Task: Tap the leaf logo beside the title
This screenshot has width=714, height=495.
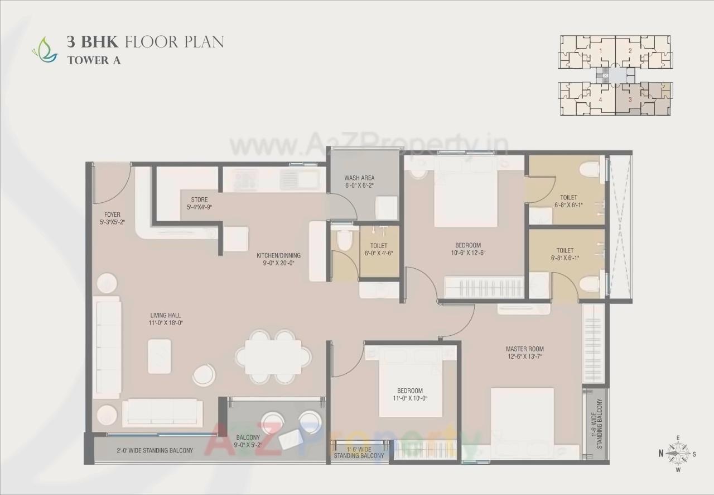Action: tap(45, 49)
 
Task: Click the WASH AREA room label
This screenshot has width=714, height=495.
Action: tap(359, 178)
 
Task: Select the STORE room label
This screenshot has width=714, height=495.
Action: tap(199, 199)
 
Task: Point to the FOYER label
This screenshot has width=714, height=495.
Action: tap(112, 215)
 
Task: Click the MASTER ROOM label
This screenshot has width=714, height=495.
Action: tap(524, 349)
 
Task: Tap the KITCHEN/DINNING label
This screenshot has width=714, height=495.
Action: tap(275, 256)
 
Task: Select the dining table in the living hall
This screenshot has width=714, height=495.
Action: tap(273, 356)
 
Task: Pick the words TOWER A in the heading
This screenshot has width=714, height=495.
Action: tap(94, 60)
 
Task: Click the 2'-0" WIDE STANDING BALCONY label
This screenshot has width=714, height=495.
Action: tap(155, 450)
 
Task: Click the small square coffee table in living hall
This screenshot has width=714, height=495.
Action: tap(160, 356)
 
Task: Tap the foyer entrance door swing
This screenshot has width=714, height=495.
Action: tap(112, 184)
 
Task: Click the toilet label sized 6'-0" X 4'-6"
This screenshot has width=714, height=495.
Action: tap(379, 249)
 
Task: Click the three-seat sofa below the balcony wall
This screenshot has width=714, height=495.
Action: tap(162, 412)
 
